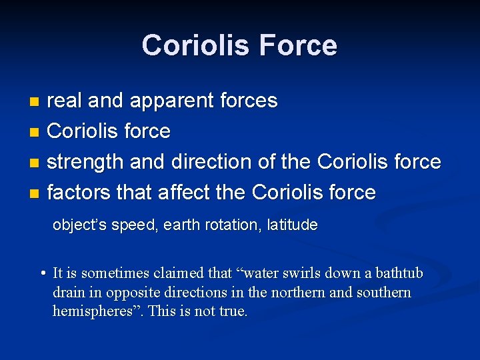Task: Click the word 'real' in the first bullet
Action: click(65, 101)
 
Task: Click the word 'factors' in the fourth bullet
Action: click(78, 193)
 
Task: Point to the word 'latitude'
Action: click(292, 225)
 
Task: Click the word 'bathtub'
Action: click(399, 273)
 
